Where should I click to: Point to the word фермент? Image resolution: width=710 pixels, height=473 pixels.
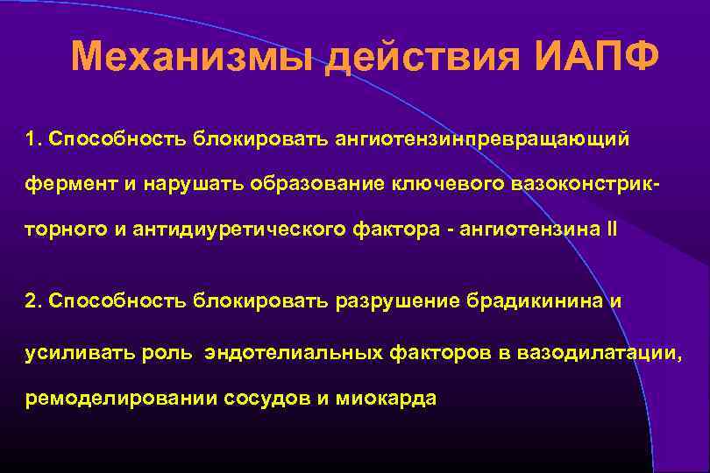tap(65, 185)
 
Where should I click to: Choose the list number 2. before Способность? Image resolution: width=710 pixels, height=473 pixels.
tap(34, 301)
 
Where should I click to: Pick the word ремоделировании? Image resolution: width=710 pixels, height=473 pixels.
tap(109, 399)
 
